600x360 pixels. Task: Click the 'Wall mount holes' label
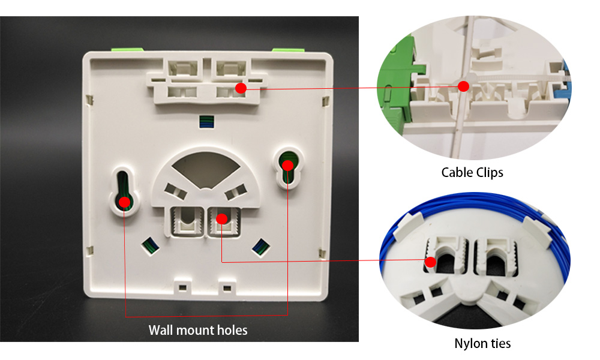tap(198, 330)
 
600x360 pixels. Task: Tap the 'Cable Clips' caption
tap(472, 173)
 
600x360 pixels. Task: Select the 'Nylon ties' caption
tap(482, 343)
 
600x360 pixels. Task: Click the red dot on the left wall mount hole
tap(124, 202)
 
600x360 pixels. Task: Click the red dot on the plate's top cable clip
tap(241, 88)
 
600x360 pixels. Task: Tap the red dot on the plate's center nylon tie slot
tap(221, 218)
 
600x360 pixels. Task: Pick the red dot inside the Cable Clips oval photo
tap(463, 86)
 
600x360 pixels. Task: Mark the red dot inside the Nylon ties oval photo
tap(430, 262)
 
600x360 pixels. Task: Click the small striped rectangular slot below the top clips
tap(206, 122)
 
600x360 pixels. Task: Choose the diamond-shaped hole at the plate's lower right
tap(260, 245)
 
